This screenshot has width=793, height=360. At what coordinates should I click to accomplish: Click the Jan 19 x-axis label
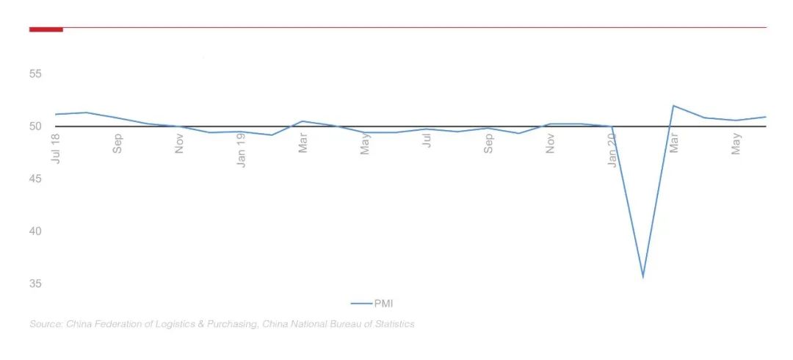pyautogui.click(x=242, y=150)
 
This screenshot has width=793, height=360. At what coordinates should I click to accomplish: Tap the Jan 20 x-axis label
pyautogui.click(x=612, y=150)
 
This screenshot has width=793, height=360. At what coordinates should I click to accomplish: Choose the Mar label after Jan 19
pyautogui.click(x=303, y=143)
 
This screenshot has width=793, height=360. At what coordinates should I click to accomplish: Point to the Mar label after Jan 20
pyautogui.click(x=674, y=143)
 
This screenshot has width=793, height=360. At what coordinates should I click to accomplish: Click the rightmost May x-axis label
pyautogui.click(x=736, y=143)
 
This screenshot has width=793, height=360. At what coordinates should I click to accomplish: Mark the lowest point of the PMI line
pyautogui.click(x=643, y=277)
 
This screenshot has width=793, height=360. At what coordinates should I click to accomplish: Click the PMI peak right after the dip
pyautogui.click(x=674, y=106)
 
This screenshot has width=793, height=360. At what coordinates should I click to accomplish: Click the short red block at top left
pyautogui.click(x=46, y=29)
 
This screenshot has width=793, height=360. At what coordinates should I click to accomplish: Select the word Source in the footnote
pyautogui.click(x=46, y=324)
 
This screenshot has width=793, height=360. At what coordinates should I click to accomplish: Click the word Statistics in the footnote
pyautogui.click(x=392, y=324)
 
